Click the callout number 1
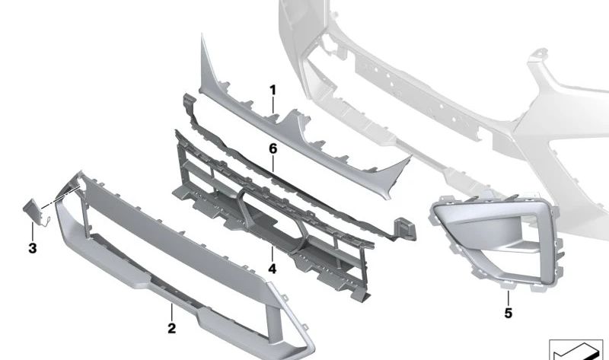pyautogui.click(x=273, y=90)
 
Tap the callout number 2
pyautogui.click(x=172, y=328)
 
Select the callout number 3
pyautogui.click(x=33, y=248)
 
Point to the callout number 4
pyautogui.click(x=273, y=269)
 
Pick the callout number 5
pyautogui.click(x=509, y=313)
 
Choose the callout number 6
pyautogui.click(x=273, y=148)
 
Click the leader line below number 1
pyautogui.click(x=273, y=105)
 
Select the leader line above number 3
pyautogui.click(x=33, y=231)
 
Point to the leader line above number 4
pyautogui.click(x=273, y=253)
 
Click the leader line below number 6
pyautogui.click(x=273, y=164)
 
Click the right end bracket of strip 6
pyautogui.click(x=405, y=229)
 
